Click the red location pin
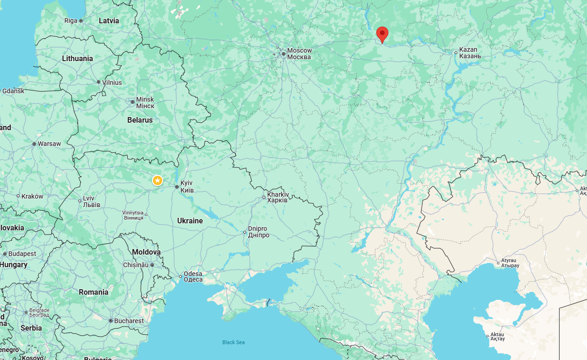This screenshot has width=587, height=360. (382, 34)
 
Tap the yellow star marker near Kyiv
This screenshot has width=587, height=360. (158, 180)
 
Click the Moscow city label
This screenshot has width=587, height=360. (299, 54)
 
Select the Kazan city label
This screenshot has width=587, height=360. (470, 53)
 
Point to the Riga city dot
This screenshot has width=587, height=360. (81, 21)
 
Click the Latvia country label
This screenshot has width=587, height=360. (109, 21)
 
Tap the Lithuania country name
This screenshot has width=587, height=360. (77, 58)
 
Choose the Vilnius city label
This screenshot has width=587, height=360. (112, 83)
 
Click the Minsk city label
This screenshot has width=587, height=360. (145, 103)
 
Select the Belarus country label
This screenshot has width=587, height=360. (140, 120)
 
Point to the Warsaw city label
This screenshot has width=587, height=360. (49, 144)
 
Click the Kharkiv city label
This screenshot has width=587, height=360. (278, 197)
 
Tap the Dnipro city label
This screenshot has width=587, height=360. (258, 232)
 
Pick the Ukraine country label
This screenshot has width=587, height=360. (190, 221)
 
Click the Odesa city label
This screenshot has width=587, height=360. (193, 277)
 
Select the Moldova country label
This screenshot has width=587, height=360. (146, 252)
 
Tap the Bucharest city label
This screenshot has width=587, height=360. (129, 321)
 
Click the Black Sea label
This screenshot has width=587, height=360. (233, 342)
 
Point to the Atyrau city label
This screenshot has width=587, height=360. (510, 263)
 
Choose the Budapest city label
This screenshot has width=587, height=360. (22, 254)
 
